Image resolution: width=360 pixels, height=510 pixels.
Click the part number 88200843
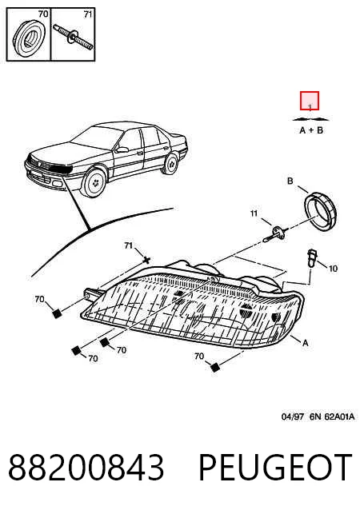pyautogui.click(x=86, y=468)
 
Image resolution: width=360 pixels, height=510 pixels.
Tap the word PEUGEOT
pyautogui.click(x=275, y=468)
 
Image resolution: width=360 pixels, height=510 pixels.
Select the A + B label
pyautogui.click(x=311, y=130)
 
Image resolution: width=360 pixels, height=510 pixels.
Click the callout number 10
pyautogui.click(x=333, y=269)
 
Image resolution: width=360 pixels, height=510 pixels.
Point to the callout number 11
pyautogui.click(x=254, y=213)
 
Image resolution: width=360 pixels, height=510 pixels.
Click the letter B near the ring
pyautogui.click(x=290, y=181)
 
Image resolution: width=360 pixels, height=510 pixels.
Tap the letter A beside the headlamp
pyautogui.click(x=305, y=343)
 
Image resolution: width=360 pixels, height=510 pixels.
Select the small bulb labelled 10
pyautogui.click(x=312, y=258)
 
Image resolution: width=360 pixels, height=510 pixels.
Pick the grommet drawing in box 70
pyautogui.click(x=29, y=38)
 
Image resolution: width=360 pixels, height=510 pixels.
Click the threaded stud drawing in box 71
pyautogui.click(x=74, y=37)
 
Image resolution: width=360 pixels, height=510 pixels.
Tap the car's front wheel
pyautogui.click(x=94, y=182)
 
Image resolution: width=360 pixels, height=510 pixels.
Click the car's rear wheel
pyautogui.click(x=171, y=164)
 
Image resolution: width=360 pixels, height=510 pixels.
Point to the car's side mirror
pyautogui.click(x=122, y=150)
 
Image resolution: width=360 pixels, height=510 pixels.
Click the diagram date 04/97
pyautogui.click(x=293, y=416)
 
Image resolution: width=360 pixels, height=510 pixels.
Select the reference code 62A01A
pyautogui.click(x=339, y=416)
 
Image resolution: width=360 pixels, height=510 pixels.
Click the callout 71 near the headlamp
pyautogui.click(x=129, y=245)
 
